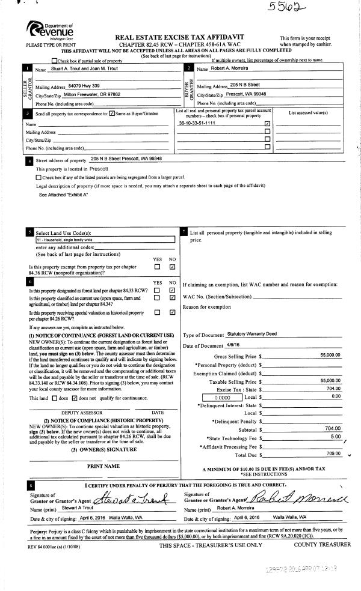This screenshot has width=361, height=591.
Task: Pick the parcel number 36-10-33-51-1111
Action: [197, 123]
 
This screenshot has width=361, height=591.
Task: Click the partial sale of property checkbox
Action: [55, 61]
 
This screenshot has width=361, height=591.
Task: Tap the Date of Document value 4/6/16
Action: [232, 345]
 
